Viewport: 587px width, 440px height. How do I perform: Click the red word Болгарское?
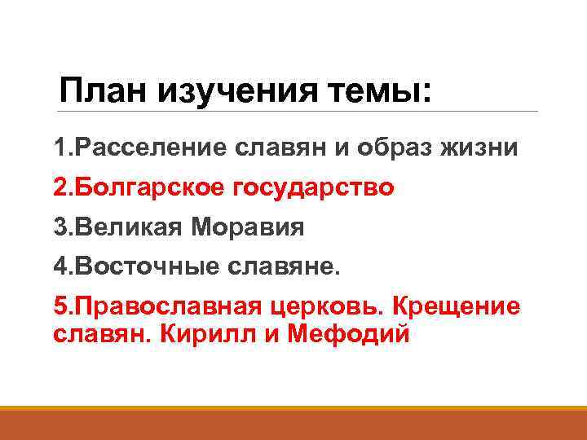[x=148, y=188]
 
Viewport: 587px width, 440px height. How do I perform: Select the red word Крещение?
[x=456, y=306]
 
